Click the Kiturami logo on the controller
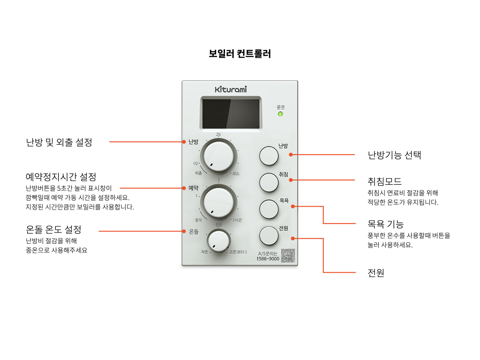point(230,89)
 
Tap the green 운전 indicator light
point(280,114)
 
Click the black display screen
point(231,113)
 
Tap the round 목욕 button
point(269,209)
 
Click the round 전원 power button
point(269,235)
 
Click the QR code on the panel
point(288,255)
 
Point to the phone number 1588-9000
point(268,259)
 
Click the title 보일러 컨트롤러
point(240,54)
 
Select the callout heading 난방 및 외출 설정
point(59,142)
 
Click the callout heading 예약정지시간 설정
point(61,177)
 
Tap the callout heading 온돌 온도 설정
point(53,230)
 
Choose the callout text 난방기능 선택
point(394,155)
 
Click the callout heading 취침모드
point(384,181)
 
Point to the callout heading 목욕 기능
point(385,224)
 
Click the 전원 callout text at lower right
point(376,273)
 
